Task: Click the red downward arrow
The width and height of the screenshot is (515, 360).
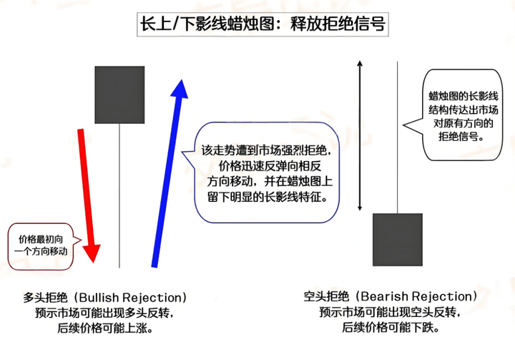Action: point(88,195)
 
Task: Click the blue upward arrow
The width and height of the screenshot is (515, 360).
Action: point(169,173)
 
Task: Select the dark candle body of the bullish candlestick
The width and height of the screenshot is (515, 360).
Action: point(119,95)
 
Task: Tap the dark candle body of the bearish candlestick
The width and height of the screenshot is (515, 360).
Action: point(398,240)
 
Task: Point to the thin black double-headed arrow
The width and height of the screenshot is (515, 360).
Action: point(360,135)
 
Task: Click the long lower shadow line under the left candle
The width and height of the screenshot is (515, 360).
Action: point(119,195)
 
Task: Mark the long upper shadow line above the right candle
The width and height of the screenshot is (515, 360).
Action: point(398,137)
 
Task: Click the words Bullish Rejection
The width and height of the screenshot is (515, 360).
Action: point(131,298)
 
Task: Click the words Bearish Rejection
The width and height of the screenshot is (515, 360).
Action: point(416,296)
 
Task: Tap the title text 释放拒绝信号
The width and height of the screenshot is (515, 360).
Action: point(338,24)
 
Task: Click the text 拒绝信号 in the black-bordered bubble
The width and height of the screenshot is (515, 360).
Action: point(460,137)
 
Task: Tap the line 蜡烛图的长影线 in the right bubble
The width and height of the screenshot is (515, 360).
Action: point(463,96)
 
